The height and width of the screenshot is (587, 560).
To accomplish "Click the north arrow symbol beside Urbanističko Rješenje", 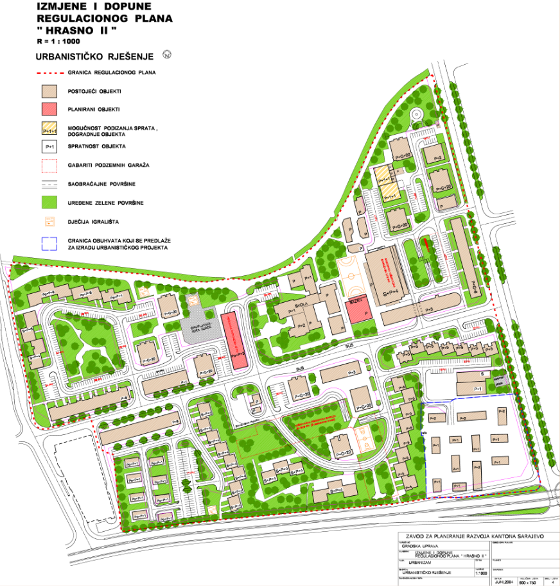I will (x=166, y=55).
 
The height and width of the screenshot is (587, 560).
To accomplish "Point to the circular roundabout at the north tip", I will (x=416, y=114).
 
